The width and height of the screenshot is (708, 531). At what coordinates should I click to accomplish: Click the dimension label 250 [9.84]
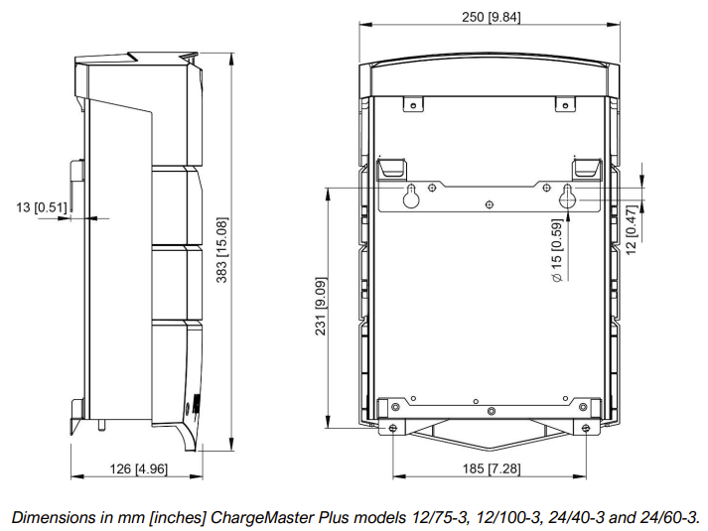click(x=491, y=17)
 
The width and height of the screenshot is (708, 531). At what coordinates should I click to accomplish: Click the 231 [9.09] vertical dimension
click(x=322, y=307)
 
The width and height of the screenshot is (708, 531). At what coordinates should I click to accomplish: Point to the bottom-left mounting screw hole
click(x=394, y=428)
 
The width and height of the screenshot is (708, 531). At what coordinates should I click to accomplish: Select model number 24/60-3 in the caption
click(x=673, y=517)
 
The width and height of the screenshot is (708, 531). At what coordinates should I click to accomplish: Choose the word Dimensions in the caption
click(x=48, y=517)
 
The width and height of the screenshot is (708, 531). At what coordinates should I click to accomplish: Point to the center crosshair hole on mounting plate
click(x=489, y=203)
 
